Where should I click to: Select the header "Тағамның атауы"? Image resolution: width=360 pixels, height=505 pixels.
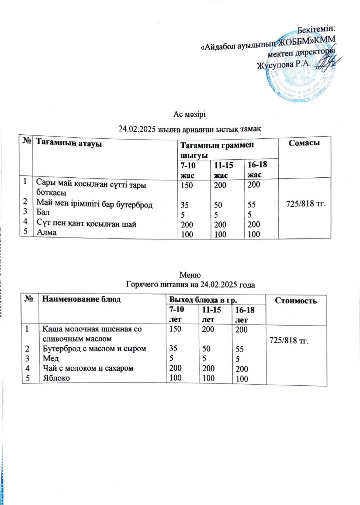click(x=69, y=144)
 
